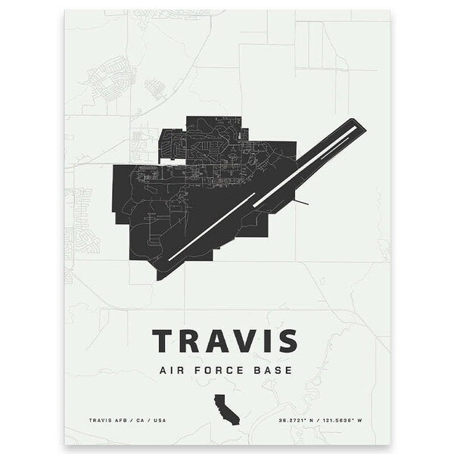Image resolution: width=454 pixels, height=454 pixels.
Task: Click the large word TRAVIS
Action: pyautogui.click(x=226, y=340)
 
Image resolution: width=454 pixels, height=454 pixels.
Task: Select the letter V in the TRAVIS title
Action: pyautogui.click(x=239, y=340)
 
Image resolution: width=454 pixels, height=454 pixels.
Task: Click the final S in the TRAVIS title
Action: pyautogui.click(x=286, y=340)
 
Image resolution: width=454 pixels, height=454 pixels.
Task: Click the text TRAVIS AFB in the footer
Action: pyautogui.click(x=105, y=418)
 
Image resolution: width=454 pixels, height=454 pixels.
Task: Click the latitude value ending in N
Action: pyautogui.click(x=309, y=418)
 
